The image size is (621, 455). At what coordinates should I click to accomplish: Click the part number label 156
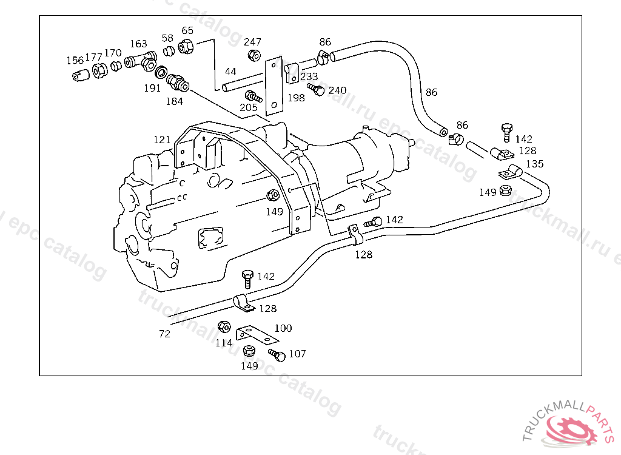[75, 60]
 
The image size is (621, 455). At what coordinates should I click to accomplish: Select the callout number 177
[93, 57]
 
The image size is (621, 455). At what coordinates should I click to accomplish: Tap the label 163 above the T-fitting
[138, 44]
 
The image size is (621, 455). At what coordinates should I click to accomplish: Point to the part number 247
[252, 42]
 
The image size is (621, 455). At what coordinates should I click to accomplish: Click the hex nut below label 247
[254, 55]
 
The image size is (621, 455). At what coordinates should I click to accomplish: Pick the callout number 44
[230, 72]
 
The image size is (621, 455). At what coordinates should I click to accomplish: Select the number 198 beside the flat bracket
[296, 98]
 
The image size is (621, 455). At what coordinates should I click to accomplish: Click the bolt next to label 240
[315, 89]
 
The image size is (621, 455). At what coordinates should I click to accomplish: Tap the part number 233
[309, 76]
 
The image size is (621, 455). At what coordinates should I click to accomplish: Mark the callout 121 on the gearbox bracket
[162, 140]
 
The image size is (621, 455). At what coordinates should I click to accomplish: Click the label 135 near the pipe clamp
[535, 164]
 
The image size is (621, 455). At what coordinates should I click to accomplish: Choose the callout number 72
[164, 334]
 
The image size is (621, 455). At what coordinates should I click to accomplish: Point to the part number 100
[283, 328]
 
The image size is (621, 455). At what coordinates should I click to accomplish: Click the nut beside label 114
[224, 326]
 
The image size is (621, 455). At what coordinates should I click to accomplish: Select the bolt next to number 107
[277, 355]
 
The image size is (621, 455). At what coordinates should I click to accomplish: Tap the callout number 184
[174, 101]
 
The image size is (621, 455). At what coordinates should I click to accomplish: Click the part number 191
[152, 88]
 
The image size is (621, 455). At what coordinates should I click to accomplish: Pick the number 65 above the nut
[187, 30]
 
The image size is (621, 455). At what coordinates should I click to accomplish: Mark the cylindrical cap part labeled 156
[81, 75]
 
